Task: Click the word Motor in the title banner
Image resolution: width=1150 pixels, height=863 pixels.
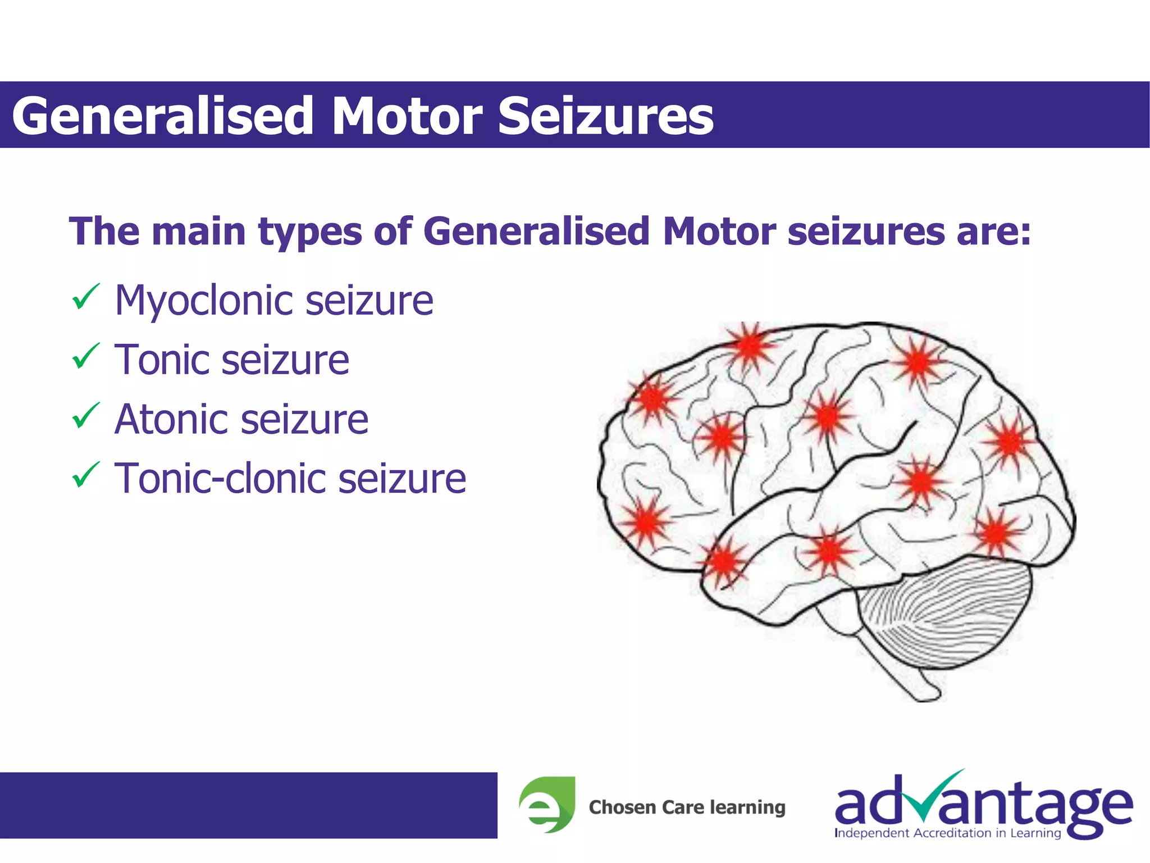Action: (407, 116)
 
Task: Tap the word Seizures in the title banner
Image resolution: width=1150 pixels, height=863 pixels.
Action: (605, 116)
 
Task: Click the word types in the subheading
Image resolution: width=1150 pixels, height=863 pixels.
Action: (309, 232)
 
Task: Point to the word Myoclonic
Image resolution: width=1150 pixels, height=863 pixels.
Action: (203, 301)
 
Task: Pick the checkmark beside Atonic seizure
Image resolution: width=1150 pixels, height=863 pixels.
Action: (85, 416)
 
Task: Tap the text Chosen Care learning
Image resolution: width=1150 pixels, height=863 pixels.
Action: (687, 807)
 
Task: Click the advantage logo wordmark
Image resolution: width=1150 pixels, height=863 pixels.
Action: (983, 803)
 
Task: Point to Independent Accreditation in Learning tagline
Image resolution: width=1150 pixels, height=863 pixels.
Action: (948, 833)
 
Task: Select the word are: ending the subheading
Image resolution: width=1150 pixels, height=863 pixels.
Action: (994, 232)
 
